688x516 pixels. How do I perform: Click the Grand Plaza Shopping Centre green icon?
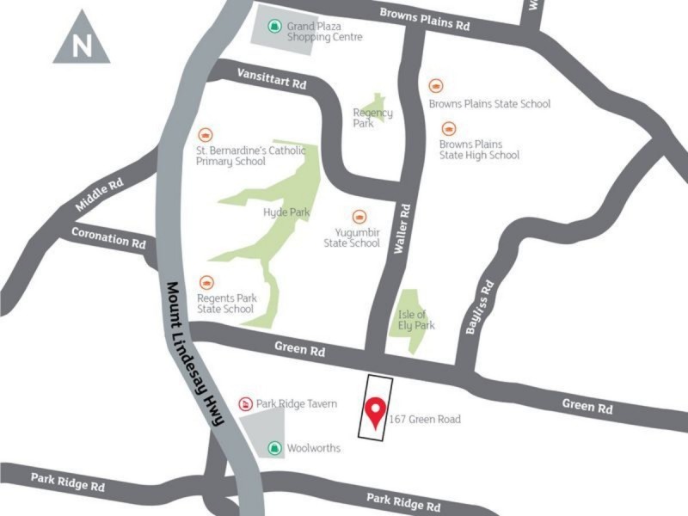[x=274, y=26]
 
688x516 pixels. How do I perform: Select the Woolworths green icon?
[x=274, y=447]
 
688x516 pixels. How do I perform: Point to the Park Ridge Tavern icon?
[x=244, y=402]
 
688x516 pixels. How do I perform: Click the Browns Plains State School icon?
[x=436, y=86]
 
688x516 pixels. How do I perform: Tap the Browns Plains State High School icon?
[x=447, y=128]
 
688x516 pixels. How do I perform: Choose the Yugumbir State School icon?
[x=359, y=217]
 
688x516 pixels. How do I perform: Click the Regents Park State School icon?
[x=206, y=282]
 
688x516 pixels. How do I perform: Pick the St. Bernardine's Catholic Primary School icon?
[x=205, y=135]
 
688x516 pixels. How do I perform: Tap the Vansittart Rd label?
[x=271, y=79]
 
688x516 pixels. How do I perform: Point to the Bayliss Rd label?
[x=479, y=308]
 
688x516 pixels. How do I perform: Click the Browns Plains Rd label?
[x=425, y=19]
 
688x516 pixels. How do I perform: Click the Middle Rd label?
[x=100, y=194]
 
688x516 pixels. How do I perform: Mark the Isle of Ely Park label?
[x=417, y=320]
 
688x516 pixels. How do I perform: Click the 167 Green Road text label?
[x=425, y=420]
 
